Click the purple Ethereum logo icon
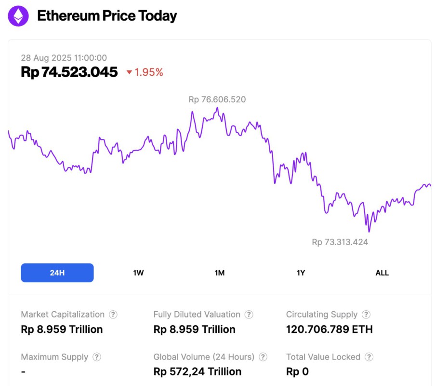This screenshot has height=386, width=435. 18,16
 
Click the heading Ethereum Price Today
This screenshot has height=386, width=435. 107,16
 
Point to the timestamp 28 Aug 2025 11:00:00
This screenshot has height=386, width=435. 64,58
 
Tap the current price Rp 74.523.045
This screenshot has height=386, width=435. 69,72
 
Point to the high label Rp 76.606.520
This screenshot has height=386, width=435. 217,100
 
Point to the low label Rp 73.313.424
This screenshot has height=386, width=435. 340,242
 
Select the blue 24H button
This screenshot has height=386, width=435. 57,273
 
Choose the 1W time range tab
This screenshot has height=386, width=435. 138,273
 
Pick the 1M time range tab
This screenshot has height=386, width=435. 220,273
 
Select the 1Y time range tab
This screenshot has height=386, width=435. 301,273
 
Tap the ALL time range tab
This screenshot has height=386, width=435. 382,273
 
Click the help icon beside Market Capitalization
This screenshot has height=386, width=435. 113,315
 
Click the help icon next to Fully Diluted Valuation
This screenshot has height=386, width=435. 249,315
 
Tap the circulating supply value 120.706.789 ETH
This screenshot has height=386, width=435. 329,330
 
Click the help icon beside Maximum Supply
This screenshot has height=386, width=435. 97,357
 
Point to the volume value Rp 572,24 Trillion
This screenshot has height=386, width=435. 197,372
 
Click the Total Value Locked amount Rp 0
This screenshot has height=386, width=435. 297,372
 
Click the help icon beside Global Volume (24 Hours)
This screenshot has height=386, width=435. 263,357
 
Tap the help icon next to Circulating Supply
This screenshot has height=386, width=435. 366,315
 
